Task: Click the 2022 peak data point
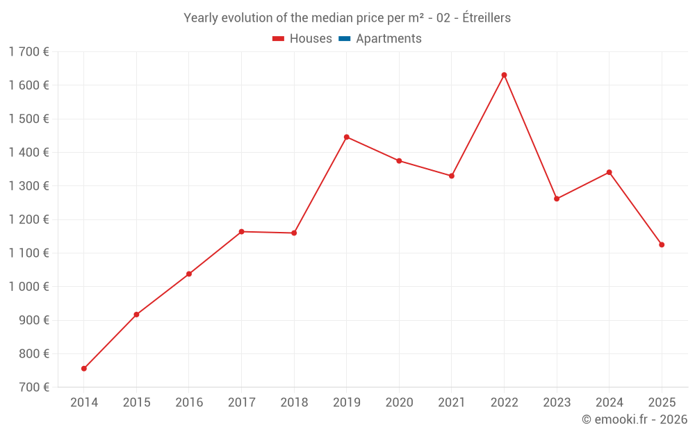pos(504,75)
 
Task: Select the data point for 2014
pos(84,369)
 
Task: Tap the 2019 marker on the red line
pos(347,137)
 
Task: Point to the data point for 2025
pos(662,245)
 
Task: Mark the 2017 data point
pos(242,232)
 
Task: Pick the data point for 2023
pos(557,199)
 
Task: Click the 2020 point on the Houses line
pos(399,161)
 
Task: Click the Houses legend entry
pos(302,38)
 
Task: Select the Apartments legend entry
pos(380,38)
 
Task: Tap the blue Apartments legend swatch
pos(345,39)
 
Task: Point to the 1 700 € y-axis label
pos(29,52)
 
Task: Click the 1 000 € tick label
pos(29,287)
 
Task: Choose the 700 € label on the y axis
pos(34,387)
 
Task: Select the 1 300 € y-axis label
pos(29,186)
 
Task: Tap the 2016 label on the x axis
pos(189,402)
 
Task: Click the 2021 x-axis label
pos(452,402)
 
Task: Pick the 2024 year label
pos(609,402)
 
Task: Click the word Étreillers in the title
pos(486,18)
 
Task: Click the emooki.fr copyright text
pos(635,419)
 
